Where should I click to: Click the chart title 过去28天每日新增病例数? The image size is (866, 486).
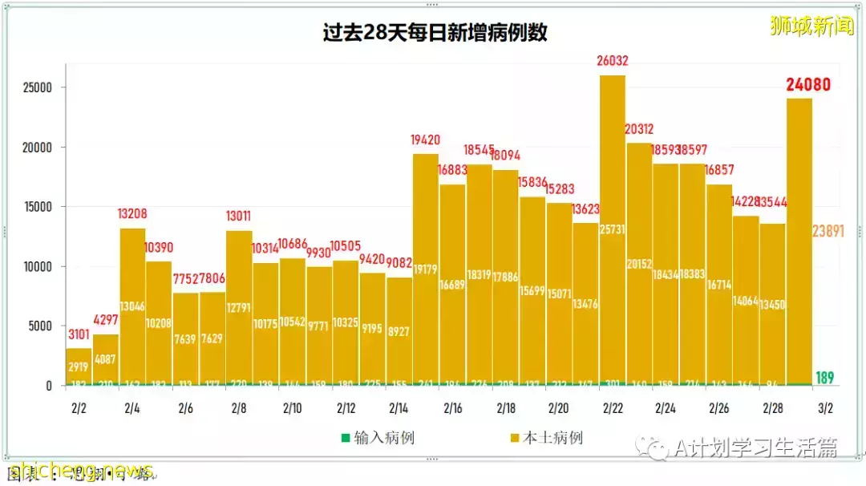point(435,34)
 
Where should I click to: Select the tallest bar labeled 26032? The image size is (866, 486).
point(613,233)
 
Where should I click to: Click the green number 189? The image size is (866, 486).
point(824,377)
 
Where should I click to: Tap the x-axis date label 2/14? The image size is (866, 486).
point(399,408)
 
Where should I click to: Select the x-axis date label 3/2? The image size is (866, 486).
point(824,408)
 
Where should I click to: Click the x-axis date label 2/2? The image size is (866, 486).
point(78,408)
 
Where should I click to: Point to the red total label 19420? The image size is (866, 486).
point(426,140)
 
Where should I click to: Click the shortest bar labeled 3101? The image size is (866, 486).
point(79,367)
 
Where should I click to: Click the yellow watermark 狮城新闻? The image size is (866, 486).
point(811,26)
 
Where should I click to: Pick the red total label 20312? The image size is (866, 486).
point(639,129)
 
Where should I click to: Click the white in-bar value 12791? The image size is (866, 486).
point(239,306)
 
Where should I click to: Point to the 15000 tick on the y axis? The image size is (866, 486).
point(39,207)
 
